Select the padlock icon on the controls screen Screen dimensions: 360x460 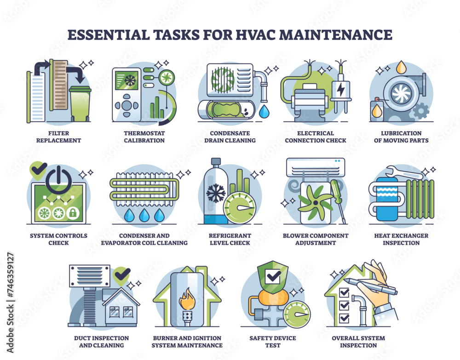(x=72, y=213)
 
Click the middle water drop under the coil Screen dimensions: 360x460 (x=144, y=215)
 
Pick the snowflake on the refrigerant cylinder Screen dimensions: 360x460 (x=215, y=193)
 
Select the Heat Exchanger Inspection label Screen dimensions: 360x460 (x=401, y=239)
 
